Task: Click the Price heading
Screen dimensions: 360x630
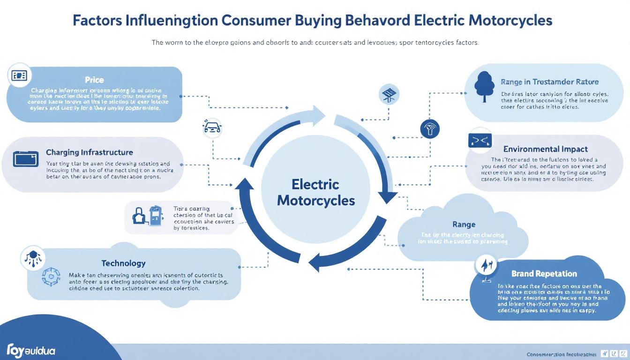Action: tap(94, 80)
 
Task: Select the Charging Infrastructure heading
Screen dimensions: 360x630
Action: tap(89, 152)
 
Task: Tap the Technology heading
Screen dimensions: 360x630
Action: tap(123, 263)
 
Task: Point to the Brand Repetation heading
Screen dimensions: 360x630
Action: tap(544, 274)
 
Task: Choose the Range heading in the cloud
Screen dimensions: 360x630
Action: tap(464, 225)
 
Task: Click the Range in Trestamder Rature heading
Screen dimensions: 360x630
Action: tap(549, 82)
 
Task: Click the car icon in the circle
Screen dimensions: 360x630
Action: tap(212, 127)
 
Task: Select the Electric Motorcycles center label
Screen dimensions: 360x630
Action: tap(315, 192)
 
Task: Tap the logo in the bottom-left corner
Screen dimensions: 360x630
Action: tap(31, 350)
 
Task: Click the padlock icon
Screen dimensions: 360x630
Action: tap(140, 217)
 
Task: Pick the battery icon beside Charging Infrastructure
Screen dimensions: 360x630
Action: tap(26, 159)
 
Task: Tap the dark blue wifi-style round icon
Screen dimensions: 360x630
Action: tap(429, 128)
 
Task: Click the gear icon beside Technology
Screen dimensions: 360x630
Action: tap(48, 277)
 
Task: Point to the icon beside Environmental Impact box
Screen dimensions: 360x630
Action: tap(480, 139)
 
